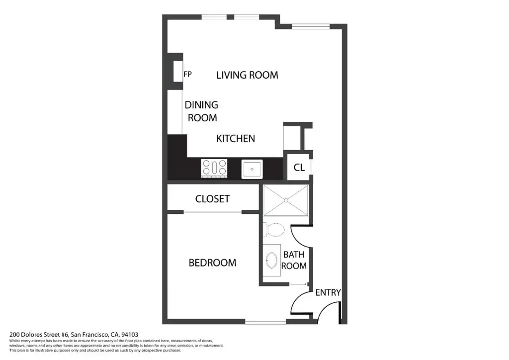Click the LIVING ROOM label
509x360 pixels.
tap(247, 75)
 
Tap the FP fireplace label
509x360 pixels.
tap(187, 75)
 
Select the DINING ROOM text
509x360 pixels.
tap(202, 111)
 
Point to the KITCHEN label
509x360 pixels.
tap(235, 139)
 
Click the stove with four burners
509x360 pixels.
tap(214, 168)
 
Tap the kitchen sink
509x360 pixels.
tap(252, 169)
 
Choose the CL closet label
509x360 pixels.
tap(299, 168)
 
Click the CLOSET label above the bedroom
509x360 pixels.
tap(212, 199)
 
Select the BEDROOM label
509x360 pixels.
tap(212, 263)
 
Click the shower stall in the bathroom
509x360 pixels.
tap(286, 200)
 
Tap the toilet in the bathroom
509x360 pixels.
tap(274, 230)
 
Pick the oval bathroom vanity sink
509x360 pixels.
tap(272, 261)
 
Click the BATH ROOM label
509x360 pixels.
tap(294, 260)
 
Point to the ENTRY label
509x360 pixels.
tap(328, 292)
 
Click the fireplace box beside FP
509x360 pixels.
tap(178, 71)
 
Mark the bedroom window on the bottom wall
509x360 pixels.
tap(265, 321)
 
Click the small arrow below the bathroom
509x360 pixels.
tap(298, 284)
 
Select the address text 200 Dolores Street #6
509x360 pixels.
tap(39, 334)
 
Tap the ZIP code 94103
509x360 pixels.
tap(130, 334)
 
